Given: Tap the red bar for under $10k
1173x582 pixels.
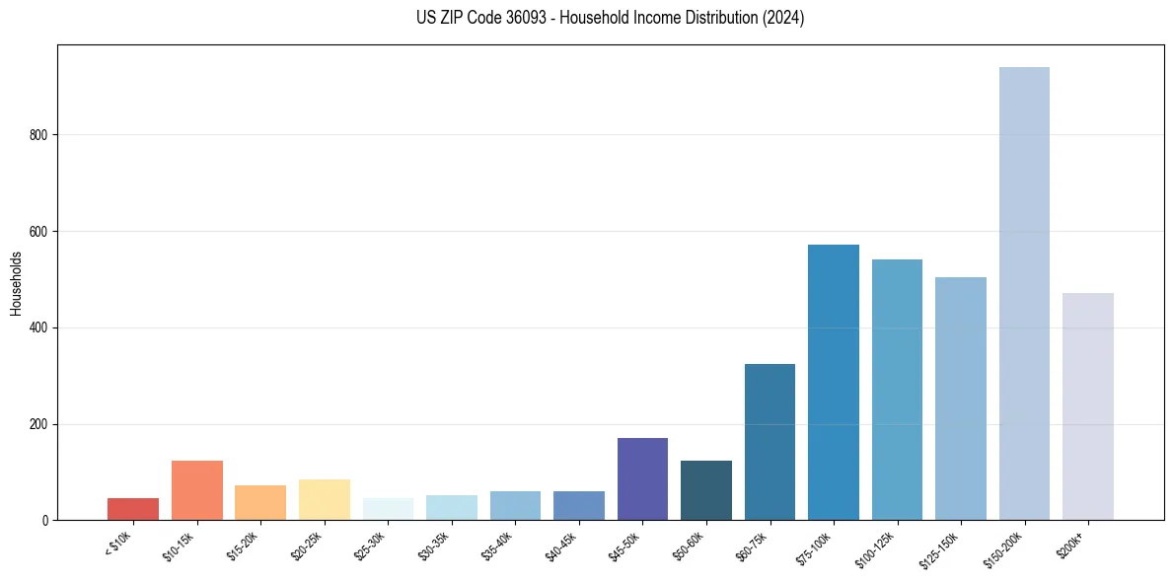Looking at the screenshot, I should tap(133, 509).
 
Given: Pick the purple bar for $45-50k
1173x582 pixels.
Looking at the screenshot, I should tap(642, 479).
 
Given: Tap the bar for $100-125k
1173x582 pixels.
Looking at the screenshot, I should tap(897, 390).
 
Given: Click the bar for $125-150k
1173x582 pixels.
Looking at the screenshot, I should tap(960, 399).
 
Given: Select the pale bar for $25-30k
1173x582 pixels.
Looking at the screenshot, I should tap(388, 509).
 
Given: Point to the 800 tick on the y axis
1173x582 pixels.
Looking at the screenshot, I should tap(40, 135).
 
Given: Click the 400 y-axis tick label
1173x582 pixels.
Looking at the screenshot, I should tap(40, 327).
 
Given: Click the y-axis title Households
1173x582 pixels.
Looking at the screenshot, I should tap(16, 282).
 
